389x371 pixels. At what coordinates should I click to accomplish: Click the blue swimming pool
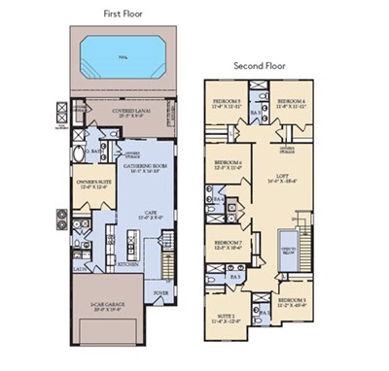[123, 51]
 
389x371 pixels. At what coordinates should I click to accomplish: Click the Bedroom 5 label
[226, 102]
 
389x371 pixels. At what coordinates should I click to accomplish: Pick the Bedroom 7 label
[228, 244]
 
